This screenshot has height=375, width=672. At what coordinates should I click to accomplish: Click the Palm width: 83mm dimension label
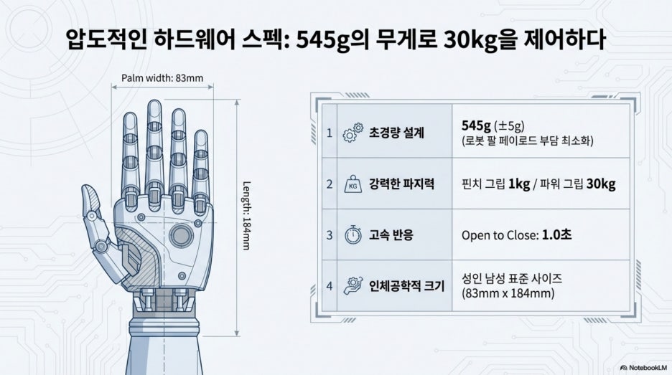coord(162,78)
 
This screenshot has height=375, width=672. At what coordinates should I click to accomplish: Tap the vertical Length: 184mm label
coord(246,216)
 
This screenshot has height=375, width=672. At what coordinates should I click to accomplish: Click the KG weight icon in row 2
coord(353,184)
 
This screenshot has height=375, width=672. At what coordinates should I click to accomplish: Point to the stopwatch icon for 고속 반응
coord(353,234)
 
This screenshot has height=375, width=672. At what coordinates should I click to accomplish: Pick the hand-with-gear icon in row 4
coord(353,285)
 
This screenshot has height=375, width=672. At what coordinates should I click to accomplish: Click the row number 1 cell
coord(329,133)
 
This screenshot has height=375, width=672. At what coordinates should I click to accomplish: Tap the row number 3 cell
coord(329,234)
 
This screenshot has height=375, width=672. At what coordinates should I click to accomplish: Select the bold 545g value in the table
coord(476,126)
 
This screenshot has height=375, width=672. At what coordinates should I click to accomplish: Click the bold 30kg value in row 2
coord(601,184)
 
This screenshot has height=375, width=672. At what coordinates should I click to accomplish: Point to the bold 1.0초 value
coord(556,235)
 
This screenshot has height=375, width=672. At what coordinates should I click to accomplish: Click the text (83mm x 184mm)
coord(508,294)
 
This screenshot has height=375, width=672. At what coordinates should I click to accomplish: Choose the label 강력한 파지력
coord(401,184)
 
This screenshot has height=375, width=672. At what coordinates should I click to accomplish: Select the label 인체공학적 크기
coord(406,286)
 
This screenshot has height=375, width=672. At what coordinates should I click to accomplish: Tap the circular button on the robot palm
coord(181,235)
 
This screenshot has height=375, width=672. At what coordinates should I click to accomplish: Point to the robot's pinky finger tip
coord(200,134)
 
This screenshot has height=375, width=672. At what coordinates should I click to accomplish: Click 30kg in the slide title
coord(470,41)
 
